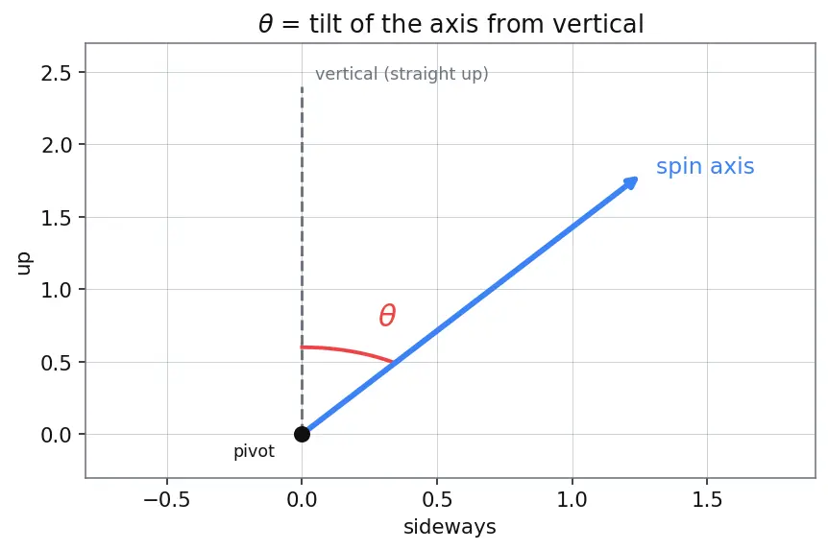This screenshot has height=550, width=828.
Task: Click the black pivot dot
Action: [x=302, y=435]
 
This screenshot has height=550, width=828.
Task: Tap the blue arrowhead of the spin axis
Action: [x=630, y=183]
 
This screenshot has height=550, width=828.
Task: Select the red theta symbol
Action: [x=387, y=316]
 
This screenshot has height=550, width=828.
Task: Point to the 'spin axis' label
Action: [x=705, y=166]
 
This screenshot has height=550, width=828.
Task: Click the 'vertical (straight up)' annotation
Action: [x=402, y=74]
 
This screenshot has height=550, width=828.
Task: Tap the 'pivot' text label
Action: [x=254, y=451]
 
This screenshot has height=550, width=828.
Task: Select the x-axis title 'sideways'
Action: [x=450, y=527]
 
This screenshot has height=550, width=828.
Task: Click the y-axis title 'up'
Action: [x=24, y=263]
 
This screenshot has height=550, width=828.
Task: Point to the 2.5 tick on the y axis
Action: [x=56, y=73]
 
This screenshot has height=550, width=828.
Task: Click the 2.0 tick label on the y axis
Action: [x=56, y=145]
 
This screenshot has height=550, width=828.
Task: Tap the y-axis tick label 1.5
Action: [x=56, y=218]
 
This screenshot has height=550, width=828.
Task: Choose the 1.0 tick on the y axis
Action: [x=56, y=290]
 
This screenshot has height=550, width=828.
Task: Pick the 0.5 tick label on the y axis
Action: [x=56, y=363]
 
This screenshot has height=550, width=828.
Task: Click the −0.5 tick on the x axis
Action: [x=167, y=499]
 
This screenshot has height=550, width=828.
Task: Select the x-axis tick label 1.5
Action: [x=707, y=499]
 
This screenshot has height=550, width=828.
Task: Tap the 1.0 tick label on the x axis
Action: [x=572, y=499]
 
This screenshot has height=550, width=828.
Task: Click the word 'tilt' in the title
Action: [x=327, y=24]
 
